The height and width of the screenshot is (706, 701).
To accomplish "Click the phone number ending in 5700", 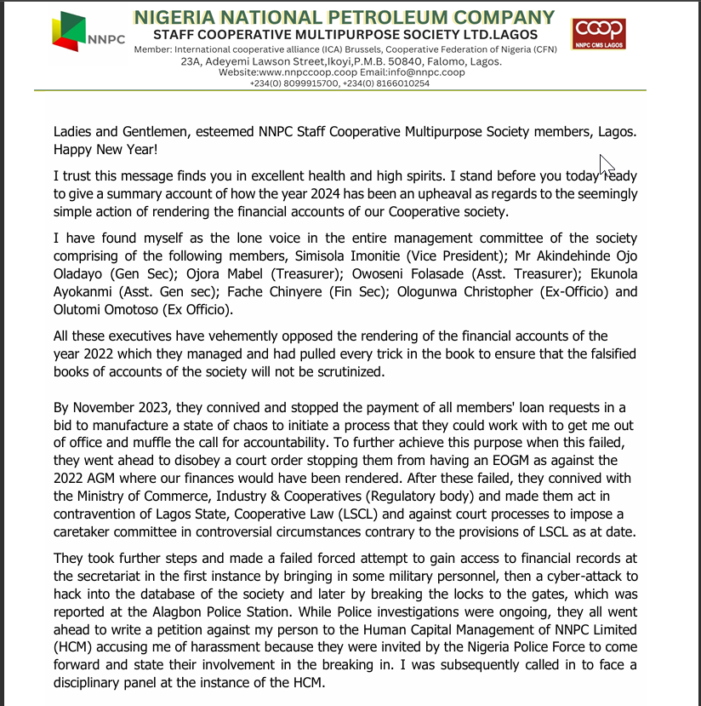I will point(291,83).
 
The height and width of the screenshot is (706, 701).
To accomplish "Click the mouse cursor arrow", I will point(606,164).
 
